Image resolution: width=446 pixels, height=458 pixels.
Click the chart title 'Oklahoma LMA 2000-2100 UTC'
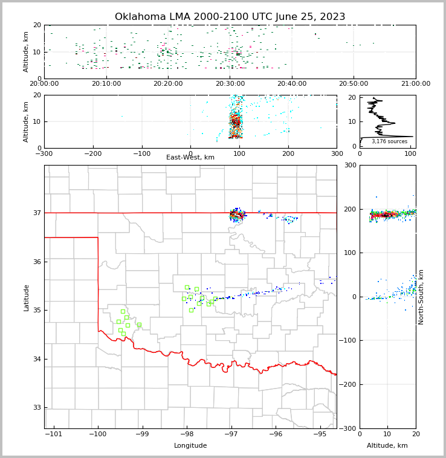pyautogui.click(x=230, y=17)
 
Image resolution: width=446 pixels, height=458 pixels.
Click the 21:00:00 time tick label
pyautogui.click(x=415, y=84)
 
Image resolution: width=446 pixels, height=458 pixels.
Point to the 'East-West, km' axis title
pyautogui.click(x=190, y=158)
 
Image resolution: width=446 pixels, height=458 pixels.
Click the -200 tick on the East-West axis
pyautogui.click(x=92, y=153)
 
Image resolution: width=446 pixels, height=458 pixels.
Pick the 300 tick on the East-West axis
pyautogui.click(x=337, y=153)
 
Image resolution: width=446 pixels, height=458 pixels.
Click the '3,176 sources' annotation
pyautogui.click(x=389, y=142)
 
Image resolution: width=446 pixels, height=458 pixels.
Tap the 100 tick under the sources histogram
pyautogui.click(x=410, y=153)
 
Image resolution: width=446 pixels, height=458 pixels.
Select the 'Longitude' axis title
pyautogui.click(x=190, y=446)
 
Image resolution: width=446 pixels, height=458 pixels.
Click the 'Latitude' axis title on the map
pyautogui.click(x=27, y=297)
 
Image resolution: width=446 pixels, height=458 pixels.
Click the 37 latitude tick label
pyautogui.click(x=36, y=213)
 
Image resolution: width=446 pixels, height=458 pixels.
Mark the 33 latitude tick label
pyautogui.click(x=36, y=408)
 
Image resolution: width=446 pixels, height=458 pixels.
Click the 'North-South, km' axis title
pyautogui.click(x=421, y=297)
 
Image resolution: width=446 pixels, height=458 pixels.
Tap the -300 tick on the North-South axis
pyautogui.click(x=349, y=428)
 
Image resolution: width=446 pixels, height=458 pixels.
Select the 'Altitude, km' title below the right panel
pyautogui.click(x=387, y=446)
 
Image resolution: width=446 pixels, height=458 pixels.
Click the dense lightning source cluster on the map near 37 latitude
pyautogui.click(x=236, y=214)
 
